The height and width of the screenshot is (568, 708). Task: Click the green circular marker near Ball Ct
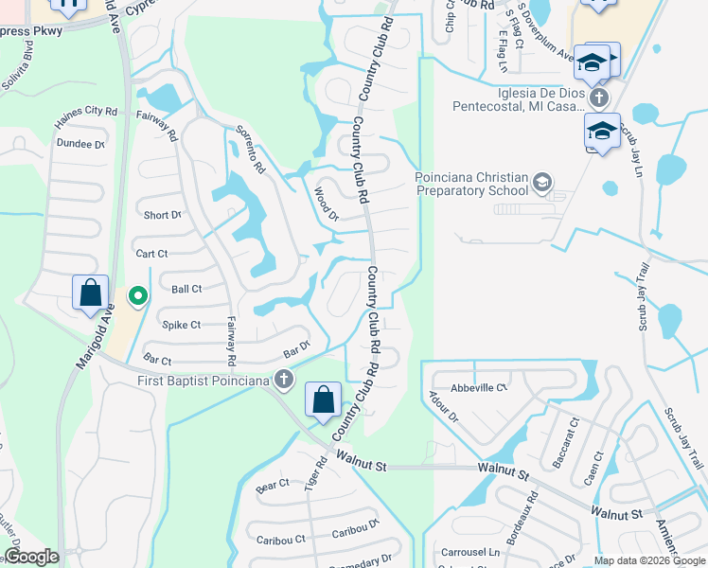138,297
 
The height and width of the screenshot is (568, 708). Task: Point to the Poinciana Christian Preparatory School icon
542,181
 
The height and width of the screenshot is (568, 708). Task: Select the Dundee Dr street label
80,144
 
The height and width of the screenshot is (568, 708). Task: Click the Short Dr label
162,215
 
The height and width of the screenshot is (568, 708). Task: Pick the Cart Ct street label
151,254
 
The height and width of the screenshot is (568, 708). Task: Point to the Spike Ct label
181,325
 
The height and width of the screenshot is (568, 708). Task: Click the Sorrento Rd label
250,150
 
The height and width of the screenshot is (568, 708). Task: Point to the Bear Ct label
273,485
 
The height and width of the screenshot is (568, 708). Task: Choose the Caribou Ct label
281,540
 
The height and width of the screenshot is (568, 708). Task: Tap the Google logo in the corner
31,557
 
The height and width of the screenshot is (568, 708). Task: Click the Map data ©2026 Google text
648,560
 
